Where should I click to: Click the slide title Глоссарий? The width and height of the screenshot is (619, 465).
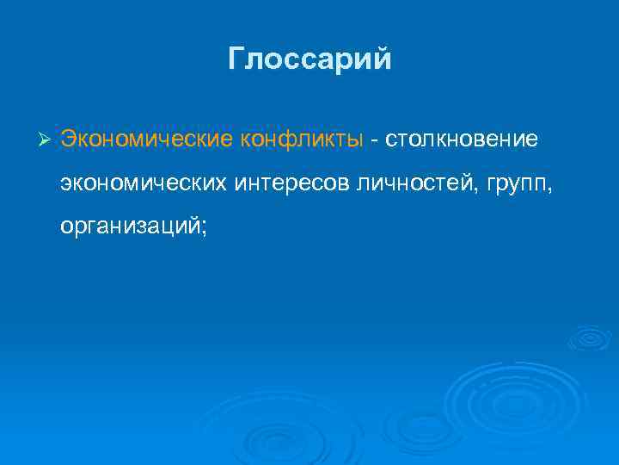tap(309, 59)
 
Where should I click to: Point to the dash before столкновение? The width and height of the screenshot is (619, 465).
tap(375, 140)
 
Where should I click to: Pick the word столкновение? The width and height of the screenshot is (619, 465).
tap(462, 139)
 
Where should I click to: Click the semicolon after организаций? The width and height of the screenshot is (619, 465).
tap(204, 226)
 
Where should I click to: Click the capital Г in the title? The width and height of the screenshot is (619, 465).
tap(237, 59)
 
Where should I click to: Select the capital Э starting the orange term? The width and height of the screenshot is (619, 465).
tap(68, 139)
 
